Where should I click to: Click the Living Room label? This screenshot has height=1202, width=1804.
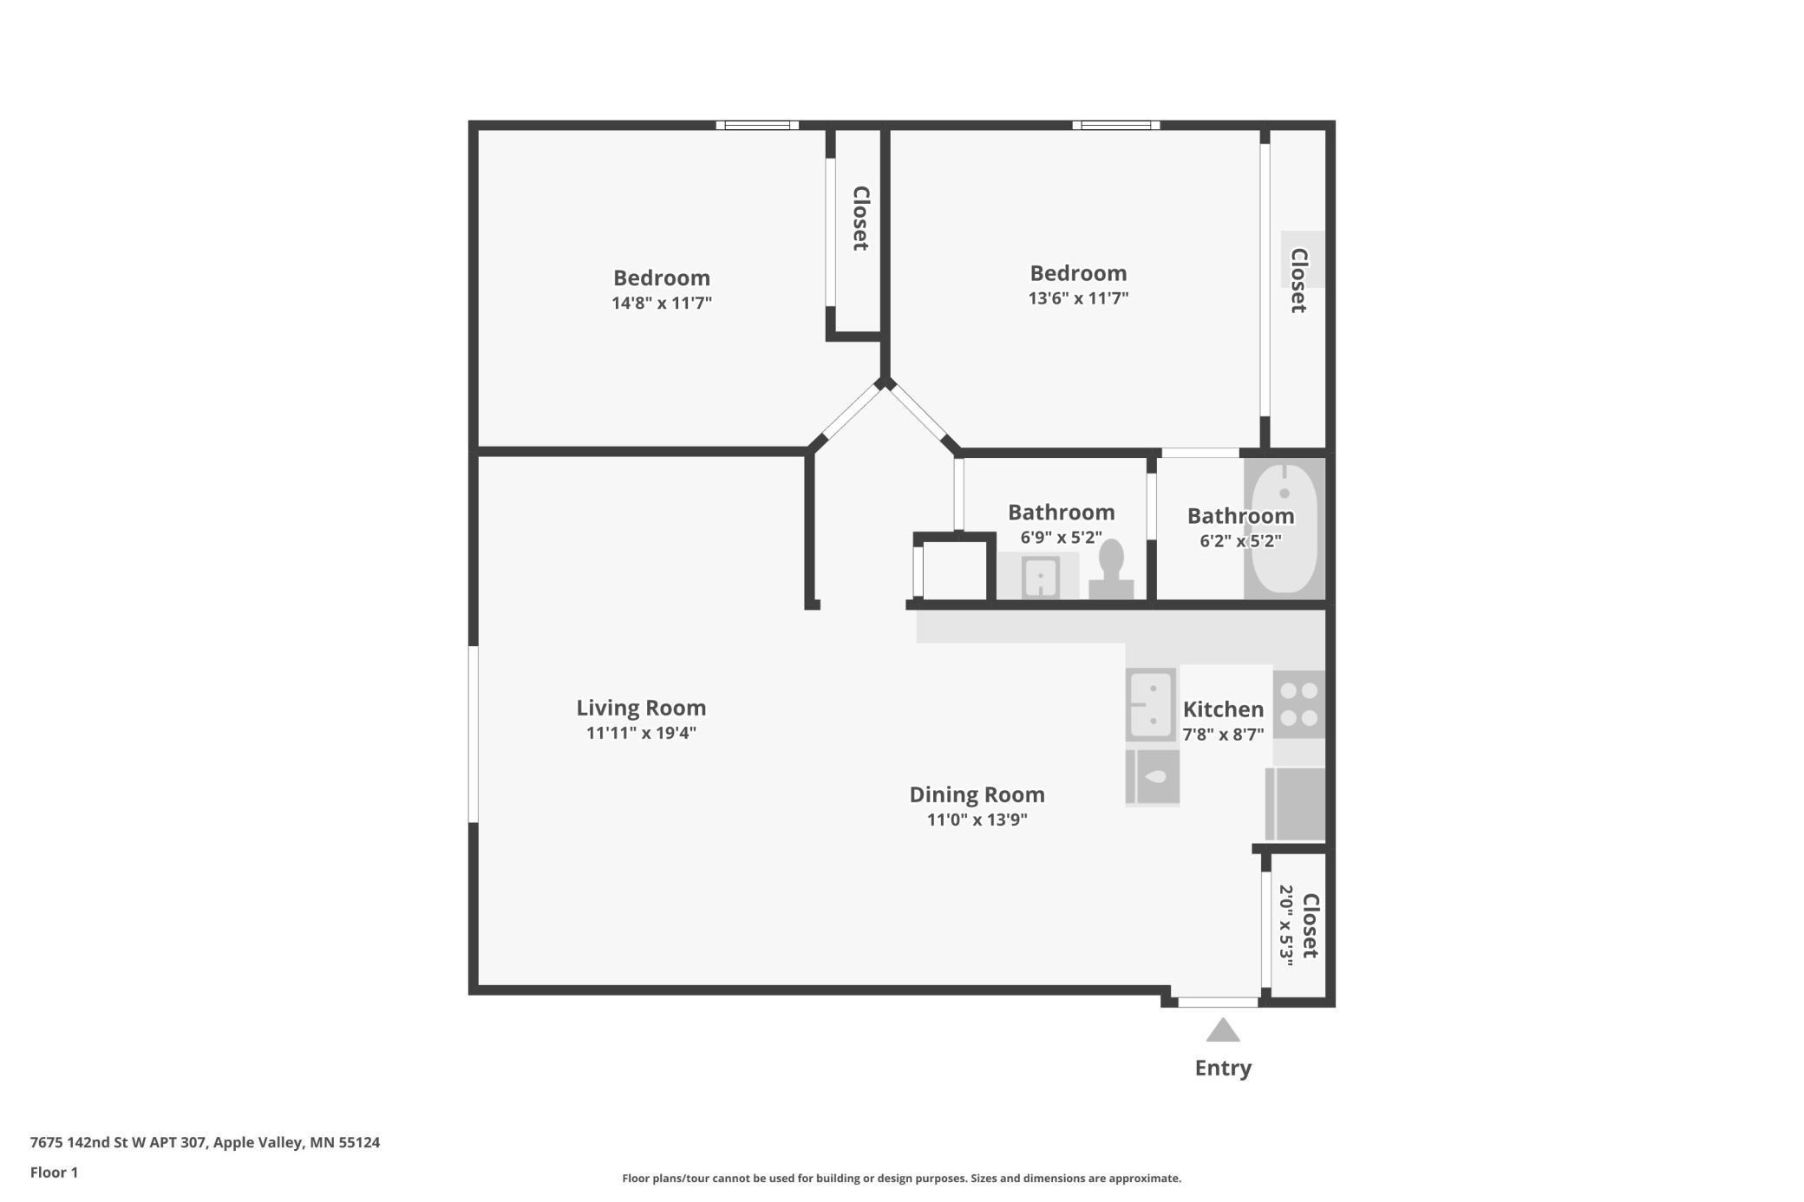pyautogui.click(x=641, y=708)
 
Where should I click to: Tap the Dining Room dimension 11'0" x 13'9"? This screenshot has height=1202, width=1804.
pyautogui.click(x=977, y=820)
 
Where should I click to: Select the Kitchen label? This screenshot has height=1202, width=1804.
pyautogui.click(x=1223, y=709)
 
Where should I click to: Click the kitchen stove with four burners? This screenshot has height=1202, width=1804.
pyautogui.click(x=1298, y=704)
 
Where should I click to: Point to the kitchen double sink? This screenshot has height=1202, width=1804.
pyautogui.click(x=1151, y=704)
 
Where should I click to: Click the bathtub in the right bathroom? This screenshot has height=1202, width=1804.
pyautogui.click(x=1284, y=529)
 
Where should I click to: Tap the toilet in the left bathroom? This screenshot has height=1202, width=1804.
pyautogui.click(x=1111, y=569)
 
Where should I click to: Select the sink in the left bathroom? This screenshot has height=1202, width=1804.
pyautogui.click(x=1040, y=576)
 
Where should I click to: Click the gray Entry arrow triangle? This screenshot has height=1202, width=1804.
pyautogui.click(x=1223, y=1029)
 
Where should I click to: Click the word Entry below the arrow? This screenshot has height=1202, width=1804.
pyautogui.click(x=1223, y=1068)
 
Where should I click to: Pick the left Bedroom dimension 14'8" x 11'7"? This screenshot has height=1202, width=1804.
pyautogui.click(x=662, y=303)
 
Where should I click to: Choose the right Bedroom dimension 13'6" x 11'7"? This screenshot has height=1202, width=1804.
pyautogui.click(x=1078, y=297)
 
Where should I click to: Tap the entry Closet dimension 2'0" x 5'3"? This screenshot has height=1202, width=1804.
pyautogui.click(x=1286, y=925)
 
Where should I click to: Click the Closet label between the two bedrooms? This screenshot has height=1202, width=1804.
pyautogui.click(x=860, y=219)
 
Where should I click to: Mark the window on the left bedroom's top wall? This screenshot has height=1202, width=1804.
pyautogui.click(x=757, y=125)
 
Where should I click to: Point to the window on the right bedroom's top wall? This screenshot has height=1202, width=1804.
pyautogui.click(x=1116, y=125)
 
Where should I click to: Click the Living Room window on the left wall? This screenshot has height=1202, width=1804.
pyautogui.click(x=474, y=734)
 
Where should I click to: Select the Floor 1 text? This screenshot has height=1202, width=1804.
pyautogui.click(x=54, y=1173)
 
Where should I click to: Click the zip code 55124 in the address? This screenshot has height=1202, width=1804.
pyautogui.click(x=359, y=1142)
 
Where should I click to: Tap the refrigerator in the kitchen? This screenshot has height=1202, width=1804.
pyautogui.click(x=1296, y=804)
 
